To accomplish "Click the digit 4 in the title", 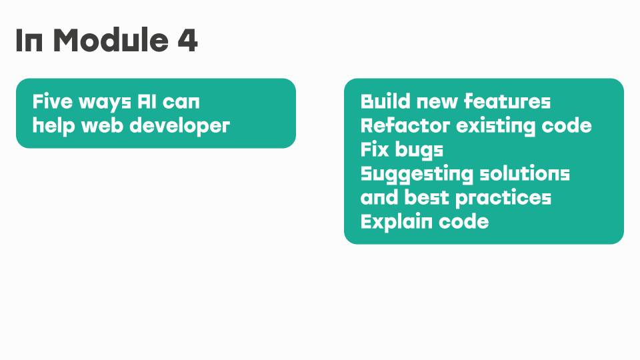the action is [x=187, y=40].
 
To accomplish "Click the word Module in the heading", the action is [x=111, y=40].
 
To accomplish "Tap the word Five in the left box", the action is [x=52, y=101].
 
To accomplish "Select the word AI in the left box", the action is [x=146, y=101].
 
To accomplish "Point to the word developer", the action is [x=179, y=126].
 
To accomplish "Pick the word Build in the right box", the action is [x=385, y=101].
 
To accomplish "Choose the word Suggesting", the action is [x=416, y=174].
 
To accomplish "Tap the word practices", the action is [x=503, y=199].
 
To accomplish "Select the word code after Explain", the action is [x=463, y=221].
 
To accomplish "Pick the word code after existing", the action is [x=567, y=125].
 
